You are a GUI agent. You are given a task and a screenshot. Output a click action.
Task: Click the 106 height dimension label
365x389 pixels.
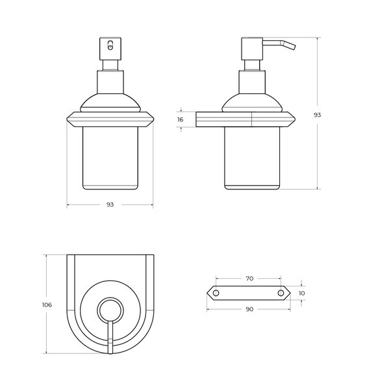(47, 305)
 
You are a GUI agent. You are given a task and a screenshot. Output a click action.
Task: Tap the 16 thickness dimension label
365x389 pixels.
(181, 119)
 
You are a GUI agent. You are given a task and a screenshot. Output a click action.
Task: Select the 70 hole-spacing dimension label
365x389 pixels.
(249, 279)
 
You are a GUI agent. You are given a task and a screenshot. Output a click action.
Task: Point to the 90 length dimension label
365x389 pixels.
(249, 309)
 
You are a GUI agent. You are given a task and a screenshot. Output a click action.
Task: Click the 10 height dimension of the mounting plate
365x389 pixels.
(301, 293)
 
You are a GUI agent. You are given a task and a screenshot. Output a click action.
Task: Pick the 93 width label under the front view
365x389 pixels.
(110, 204)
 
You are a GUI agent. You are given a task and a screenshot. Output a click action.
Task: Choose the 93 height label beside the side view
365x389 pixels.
(318, 115)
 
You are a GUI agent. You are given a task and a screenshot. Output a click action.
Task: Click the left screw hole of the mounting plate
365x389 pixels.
(216, 293)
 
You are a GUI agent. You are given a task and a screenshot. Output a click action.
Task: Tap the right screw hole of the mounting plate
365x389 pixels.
(281, 293)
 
